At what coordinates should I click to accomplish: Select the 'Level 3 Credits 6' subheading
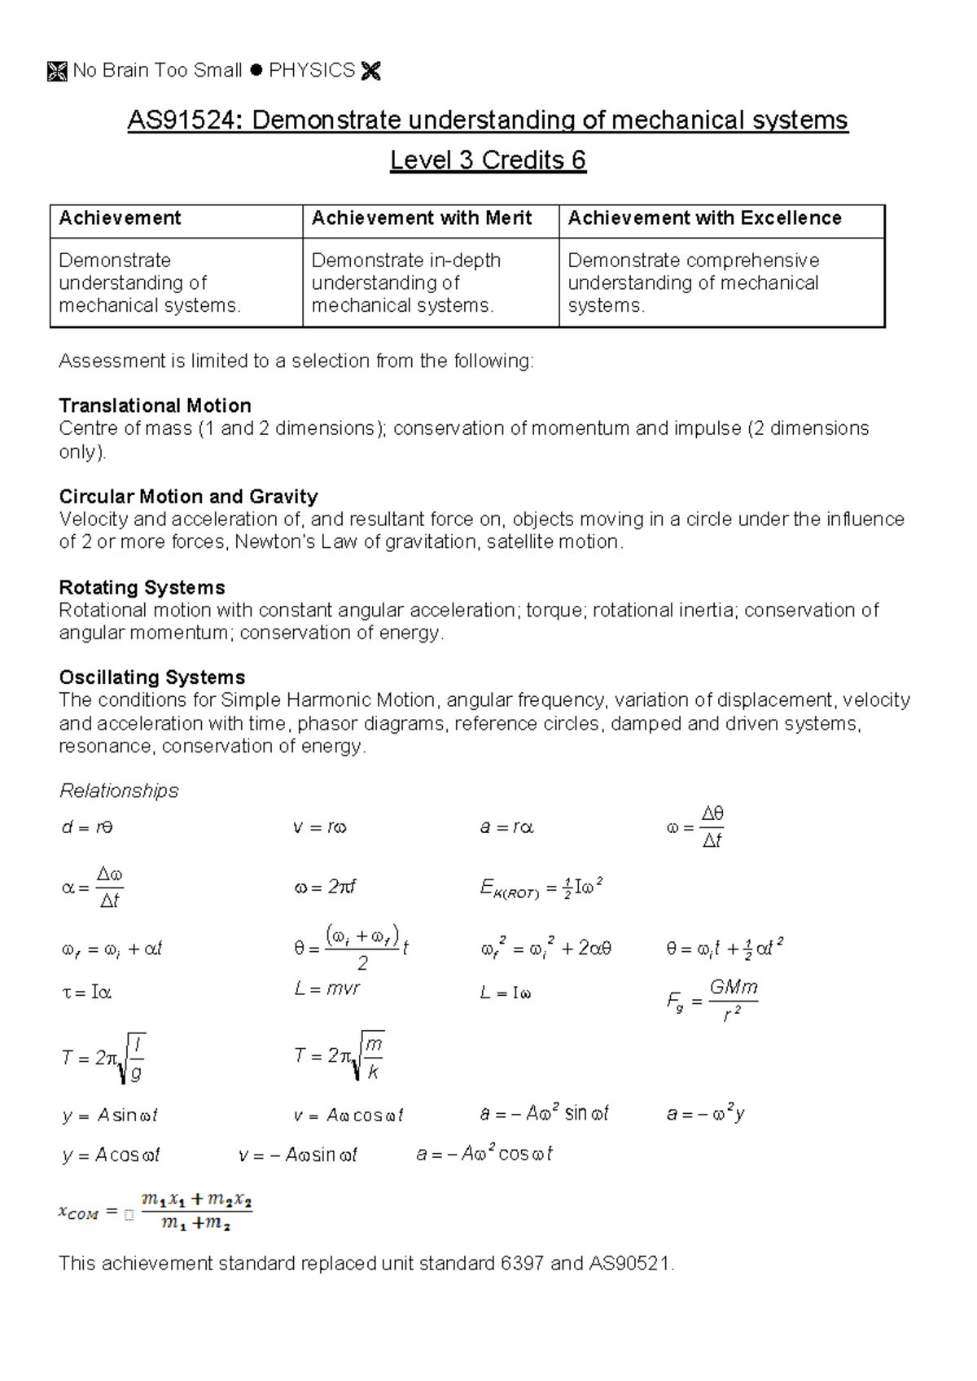coord(488,160)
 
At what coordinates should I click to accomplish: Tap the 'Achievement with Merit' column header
coord(421,218)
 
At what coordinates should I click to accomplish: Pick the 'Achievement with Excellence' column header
coord(704,218)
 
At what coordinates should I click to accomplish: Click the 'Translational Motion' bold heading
coord(155,406)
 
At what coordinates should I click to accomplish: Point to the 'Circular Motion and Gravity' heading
coord(188,497)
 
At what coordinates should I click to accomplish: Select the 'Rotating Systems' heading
coord(142,588)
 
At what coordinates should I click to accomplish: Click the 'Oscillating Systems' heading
coord(151,677)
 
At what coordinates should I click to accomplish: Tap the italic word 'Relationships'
coord(119,791)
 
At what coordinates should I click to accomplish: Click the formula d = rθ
coord(87,828)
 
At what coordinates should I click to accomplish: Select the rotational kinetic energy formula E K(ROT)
coord(541,888)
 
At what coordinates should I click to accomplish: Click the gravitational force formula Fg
coord(712,1001)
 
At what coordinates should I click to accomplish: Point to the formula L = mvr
coord(326,989)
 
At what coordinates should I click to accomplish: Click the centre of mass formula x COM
coord(155,1212)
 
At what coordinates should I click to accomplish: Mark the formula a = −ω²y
coord(705,1114)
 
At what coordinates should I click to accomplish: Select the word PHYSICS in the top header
coord(312,71)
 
